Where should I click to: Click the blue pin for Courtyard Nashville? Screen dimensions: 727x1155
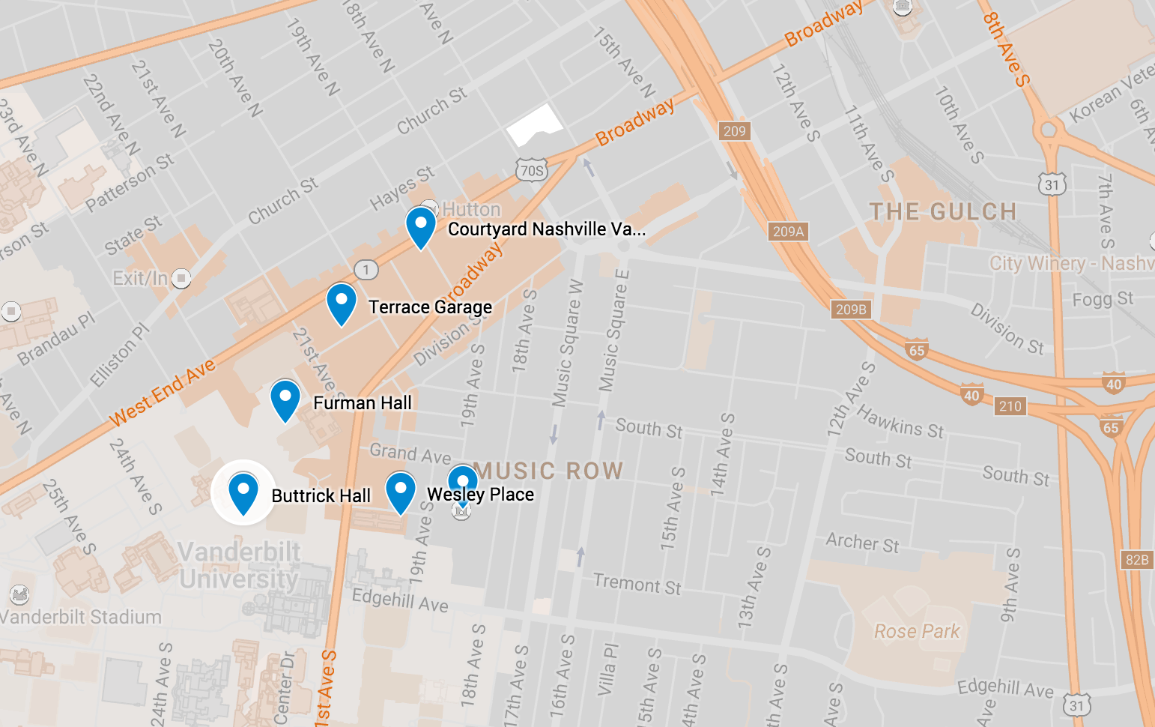coord(420,226)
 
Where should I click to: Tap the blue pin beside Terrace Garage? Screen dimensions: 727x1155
coord(341,303)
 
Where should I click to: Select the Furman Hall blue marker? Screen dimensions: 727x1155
coord(285,399)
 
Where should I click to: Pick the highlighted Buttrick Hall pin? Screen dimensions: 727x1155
coord(243,492)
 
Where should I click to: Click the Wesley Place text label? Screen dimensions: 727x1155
coord(480,495)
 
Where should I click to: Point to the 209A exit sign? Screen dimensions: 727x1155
coord(788,232)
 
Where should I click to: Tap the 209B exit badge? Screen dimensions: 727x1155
coord(851,310)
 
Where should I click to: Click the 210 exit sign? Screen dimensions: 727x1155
coord(1010,406)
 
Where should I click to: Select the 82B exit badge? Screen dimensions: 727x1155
coord(1137,560)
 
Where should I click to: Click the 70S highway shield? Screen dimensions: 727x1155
coord(531,171)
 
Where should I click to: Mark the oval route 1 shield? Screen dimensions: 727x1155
coord(366,270)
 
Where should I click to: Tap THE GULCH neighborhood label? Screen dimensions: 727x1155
coord(942,212)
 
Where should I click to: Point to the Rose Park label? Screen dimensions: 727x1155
coord(917,631)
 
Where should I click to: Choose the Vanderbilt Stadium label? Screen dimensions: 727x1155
coord(81,617)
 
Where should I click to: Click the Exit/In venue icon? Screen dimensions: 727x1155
coord(181,279)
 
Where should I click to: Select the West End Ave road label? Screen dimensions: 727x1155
coord(163,393)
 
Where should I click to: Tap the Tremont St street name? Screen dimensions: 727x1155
coord(637,584)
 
